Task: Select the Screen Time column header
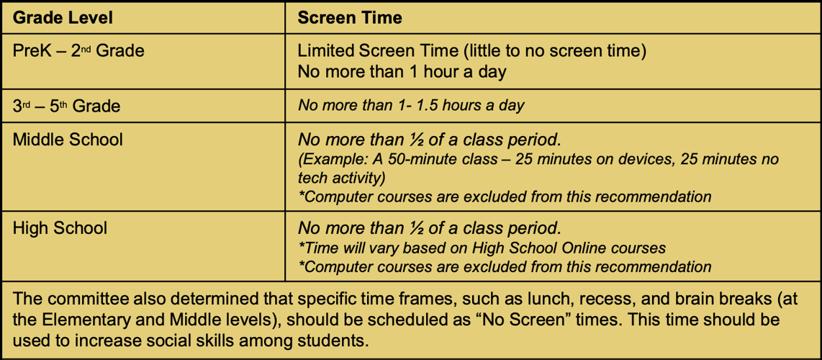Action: click(x=350, y=17)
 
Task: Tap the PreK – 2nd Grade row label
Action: click(x=78, y=51)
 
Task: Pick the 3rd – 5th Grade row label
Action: click(x=66, y=106)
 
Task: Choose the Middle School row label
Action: click(x=68, y=139)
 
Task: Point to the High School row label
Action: click(x=60, y=228)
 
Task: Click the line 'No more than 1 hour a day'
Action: click(x=402, y=72)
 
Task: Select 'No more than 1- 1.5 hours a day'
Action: click(x=411, y=106)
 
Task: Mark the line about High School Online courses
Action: click(x=482, y=248)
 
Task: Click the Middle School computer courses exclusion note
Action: click(x=505, y=197)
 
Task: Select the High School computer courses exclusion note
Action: click(x=505, y=266)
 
